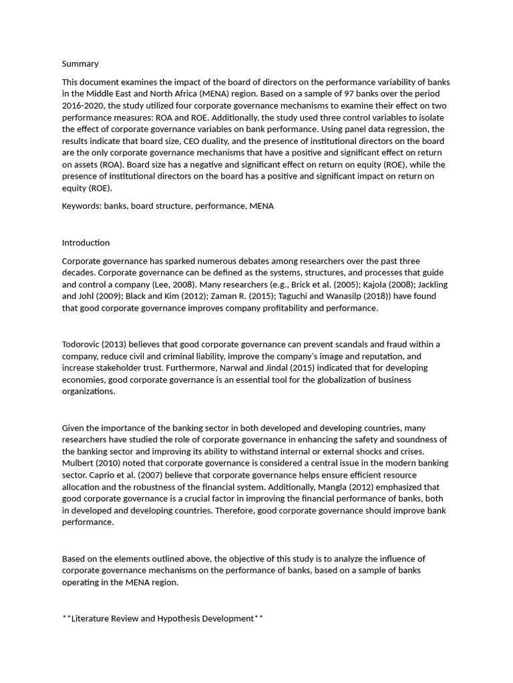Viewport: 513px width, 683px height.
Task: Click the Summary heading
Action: (x=80, y=63)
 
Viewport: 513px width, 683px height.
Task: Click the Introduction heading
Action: (x=85, y=243)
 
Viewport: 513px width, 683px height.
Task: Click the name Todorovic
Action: (x=83, y=344)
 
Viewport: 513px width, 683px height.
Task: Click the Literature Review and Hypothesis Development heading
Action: (x=162, y=618)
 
